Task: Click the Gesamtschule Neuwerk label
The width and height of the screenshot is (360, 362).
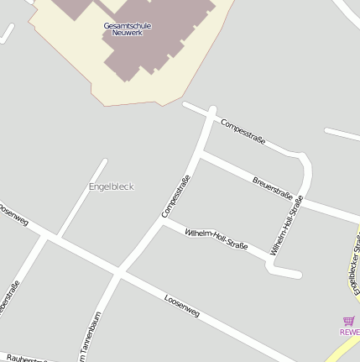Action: coord(128,29)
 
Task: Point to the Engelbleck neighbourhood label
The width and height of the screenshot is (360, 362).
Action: coord(111,186)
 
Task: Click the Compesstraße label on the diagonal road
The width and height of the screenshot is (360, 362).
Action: coord(176,196)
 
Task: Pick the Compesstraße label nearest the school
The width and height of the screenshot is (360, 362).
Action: coord(243,132)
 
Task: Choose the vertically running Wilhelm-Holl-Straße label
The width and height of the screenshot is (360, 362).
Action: coord(287,225)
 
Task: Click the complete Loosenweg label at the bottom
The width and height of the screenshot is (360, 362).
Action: coord(182,306)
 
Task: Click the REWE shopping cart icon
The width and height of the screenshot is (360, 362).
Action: coord(349,321)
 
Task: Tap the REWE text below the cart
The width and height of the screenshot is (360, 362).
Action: coord(349,332)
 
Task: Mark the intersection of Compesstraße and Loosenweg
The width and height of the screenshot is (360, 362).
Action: coord(120,274)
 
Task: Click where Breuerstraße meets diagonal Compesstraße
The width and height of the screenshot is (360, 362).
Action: coord(201,154)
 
